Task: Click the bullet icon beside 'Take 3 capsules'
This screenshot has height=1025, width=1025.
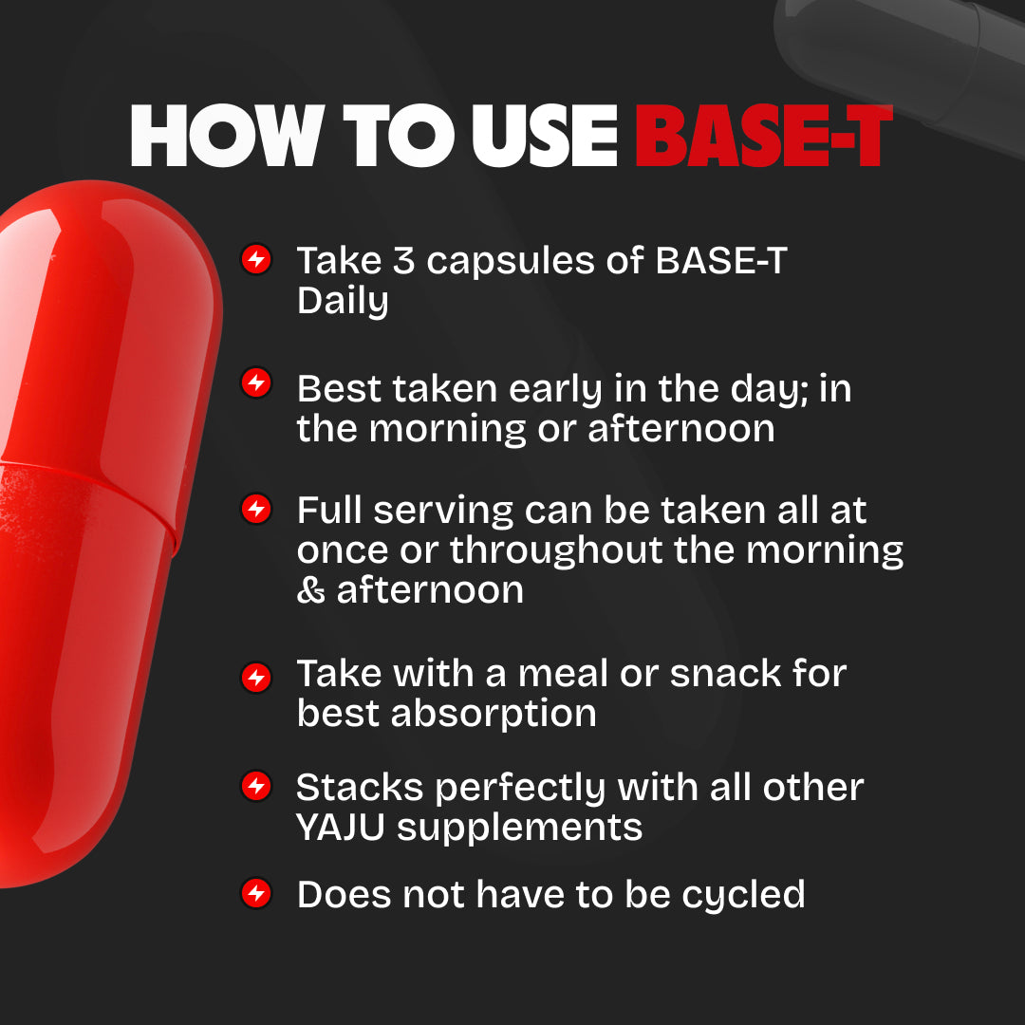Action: pyautogui.click(x=256, y=260)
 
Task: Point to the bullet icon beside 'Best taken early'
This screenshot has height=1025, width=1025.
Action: pyautogui.click(x=256, y=383)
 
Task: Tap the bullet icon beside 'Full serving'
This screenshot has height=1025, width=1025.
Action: pyautogui.click(x=256, y=509)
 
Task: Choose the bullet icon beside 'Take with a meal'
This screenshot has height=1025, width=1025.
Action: pyautogui.click(x=256, y=677)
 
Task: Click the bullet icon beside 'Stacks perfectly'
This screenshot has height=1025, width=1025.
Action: pyautogui.click(x=256, y=787)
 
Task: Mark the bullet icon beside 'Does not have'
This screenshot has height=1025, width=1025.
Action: pyautogui.click(x=256, y=893)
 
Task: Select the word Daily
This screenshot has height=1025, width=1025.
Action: pyautogui.click(x=343, y=302)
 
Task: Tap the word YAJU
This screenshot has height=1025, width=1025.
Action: pyautogui.click(x=339, y=828)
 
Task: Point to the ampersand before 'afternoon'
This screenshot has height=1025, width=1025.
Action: pyautogui.click(x=309, y=590)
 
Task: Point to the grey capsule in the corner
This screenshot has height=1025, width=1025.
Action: pyautogui.click(x=902, y=57)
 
